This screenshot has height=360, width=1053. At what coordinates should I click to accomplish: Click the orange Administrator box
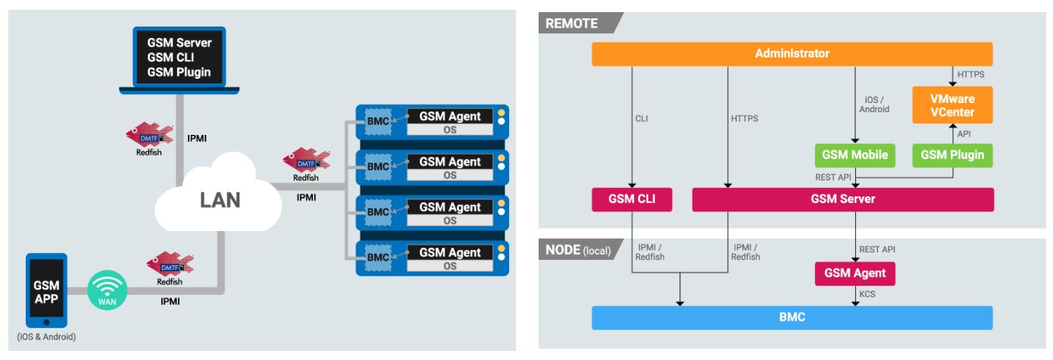pyautogui.click(x=792, y=54)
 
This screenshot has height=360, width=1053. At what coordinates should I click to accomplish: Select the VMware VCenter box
pyautogui.click(x=951, y=105)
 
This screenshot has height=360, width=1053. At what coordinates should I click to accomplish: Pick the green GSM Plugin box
pyautogui.click(x=951, y=155)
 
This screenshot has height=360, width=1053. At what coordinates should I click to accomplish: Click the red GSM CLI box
pyautogui.click(x=632, y=199)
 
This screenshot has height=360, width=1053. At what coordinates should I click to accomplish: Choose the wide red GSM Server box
pyautogui.click(x=842, y=199)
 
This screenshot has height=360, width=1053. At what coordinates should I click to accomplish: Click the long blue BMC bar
pyautogui.click(x=792, y=318)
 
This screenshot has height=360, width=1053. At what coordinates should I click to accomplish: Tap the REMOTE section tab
pyautogui.click(x=573, y=23)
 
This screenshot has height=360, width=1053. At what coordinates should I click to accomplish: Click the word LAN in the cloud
pyautogui.click(x=220, y=200)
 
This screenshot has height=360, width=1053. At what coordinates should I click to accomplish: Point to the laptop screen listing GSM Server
pyautogui.click(x=179, y=57)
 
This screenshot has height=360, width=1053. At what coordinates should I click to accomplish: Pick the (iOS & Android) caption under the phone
pyautogui.click(x=46, y=337)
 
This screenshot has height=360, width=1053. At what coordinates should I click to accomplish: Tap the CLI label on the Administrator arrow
pyautogui.click(x=641, y=118)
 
